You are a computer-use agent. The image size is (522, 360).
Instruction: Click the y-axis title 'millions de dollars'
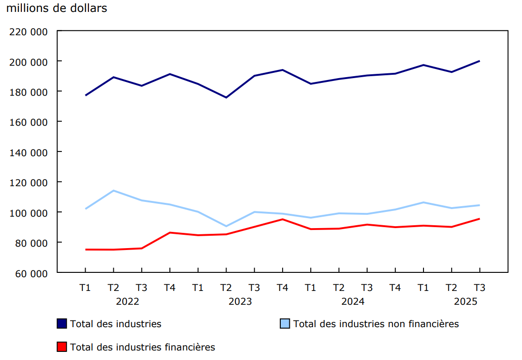click(x=57, y=9)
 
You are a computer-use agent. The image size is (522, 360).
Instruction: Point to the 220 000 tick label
click(x=29, y=31)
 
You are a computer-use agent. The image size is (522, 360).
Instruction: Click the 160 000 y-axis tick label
click(x=29, y=122)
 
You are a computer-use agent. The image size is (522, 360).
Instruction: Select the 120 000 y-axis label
click(x=29, y=182)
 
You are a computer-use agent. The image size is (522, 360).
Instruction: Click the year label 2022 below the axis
click(x=128, y=301)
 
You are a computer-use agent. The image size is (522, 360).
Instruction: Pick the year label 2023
click(x=240, y=301)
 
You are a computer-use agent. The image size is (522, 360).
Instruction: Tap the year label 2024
click(x=353, y=301)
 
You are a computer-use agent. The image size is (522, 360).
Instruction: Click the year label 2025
click(x=465, y=301)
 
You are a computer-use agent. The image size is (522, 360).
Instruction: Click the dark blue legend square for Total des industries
click(x=62, y=324)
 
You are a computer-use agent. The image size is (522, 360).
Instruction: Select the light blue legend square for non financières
click(x=285, y=324)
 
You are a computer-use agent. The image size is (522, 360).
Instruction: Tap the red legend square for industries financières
click(x=62, y=347)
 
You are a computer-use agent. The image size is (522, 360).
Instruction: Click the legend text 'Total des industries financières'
click(x=143, y=347)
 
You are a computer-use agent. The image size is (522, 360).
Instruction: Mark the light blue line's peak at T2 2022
click(x=113, y=190)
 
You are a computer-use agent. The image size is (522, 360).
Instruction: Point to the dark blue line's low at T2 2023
click(x=226, y=98)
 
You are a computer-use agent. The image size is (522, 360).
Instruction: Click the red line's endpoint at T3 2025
click(x=479, y=219)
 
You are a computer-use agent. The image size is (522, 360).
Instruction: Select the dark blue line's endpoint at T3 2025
click(x=479, y=61)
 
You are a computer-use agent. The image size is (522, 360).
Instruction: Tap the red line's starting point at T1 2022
click(x=86, y=250)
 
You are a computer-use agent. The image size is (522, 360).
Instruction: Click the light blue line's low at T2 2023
click(x=226, y=226)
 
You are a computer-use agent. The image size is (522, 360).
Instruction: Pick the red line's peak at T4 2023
click(x=283, y=219)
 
